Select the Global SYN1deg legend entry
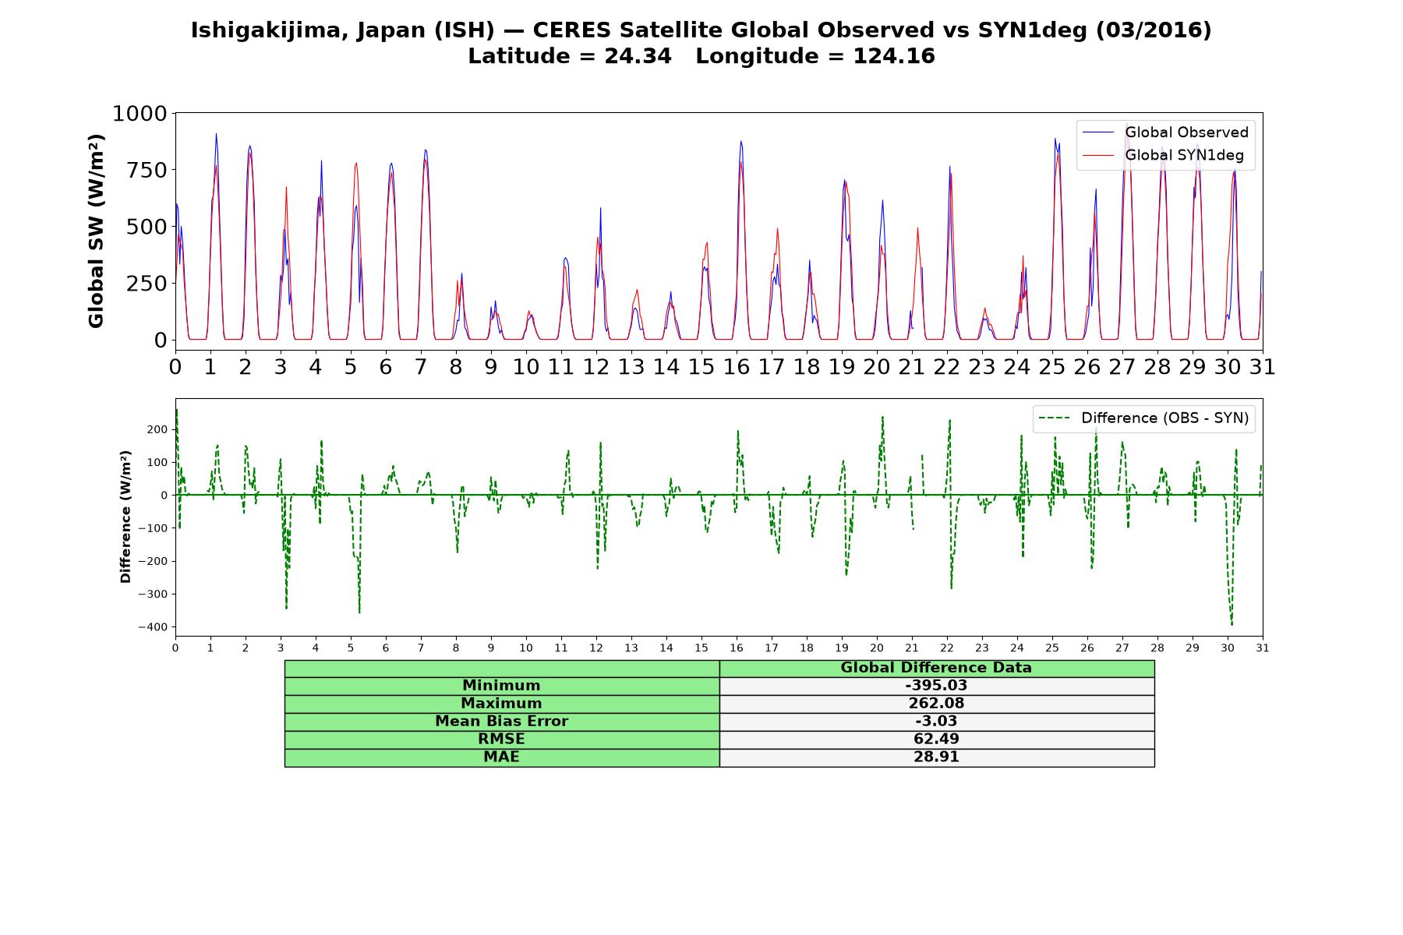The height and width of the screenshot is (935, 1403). [x=1163, y=156]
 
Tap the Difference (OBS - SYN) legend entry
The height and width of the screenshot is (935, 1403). [x=1144, y=418]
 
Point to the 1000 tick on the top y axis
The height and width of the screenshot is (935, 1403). [x=140, y=114]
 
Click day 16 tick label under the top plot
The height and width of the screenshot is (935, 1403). [x=737, y=366]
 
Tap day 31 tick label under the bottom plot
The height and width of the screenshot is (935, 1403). [x=1263, y=647]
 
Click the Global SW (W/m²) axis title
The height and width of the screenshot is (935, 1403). [x=96, y=231]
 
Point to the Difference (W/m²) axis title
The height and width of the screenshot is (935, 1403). [x=125, y=517]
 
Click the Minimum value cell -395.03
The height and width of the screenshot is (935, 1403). [x=936, y=686]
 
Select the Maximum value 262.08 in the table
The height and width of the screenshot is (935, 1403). [x=936, y=704]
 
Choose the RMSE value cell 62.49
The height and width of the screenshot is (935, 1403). [x=936, y=739]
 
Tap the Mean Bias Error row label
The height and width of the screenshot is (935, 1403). [x=501, y=722]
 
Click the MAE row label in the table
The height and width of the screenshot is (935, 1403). [x=501, y=757]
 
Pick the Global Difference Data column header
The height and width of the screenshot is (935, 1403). [x=936, y=668]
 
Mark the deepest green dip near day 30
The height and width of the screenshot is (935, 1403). [x=1232, y=624]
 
